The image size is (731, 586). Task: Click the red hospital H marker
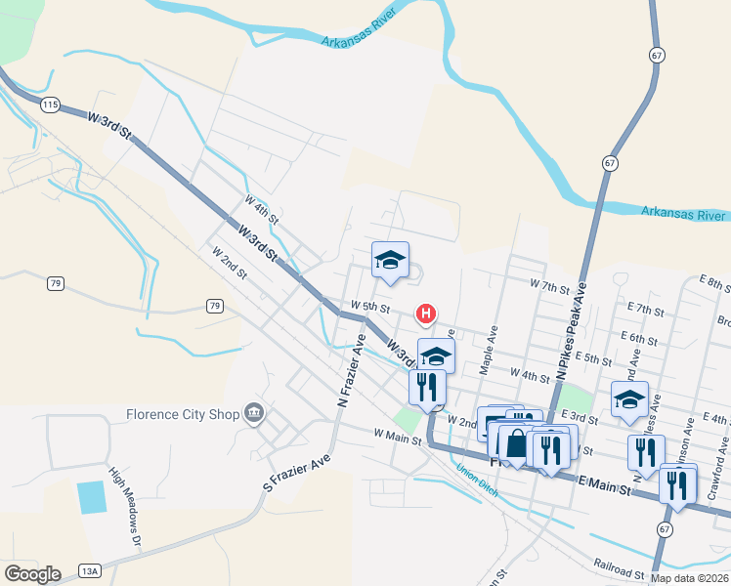[426, 314]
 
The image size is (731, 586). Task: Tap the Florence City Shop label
[183, 414]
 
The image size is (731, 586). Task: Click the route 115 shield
[51, 105]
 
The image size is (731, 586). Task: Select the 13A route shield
[90, 571]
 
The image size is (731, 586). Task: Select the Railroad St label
[620, 565]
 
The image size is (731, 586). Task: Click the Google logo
[32, 573]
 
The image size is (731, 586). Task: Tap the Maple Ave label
[489, 350]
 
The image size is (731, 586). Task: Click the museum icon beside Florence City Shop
[255, 413]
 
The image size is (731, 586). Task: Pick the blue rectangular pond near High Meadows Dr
[92, 498]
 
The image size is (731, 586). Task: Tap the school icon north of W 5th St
[390, 259]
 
